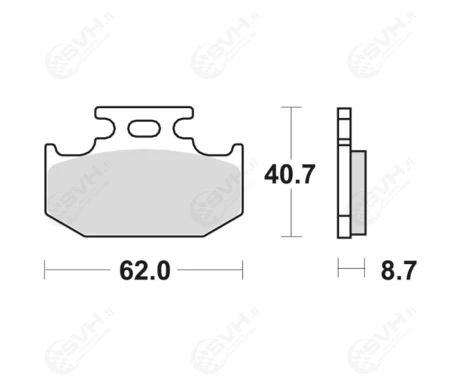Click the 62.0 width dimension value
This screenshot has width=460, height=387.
[145, 270]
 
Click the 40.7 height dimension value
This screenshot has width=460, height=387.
[289, 174]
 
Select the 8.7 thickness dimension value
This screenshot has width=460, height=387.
[398, 270]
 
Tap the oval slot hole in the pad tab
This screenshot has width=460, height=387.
[144, 128]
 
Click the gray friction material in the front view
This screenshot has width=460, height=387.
[144, 193]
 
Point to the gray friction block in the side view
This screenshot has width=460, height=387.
[359, 193]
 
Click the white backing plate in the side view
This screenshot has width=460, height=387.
[344, 173]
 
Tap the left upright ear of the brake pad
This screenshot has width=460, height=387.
[50, 149]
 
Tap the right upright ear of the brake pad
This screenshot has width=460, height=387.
[238, 149]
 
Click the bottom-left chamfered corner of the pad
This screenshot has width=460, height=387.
[65, 225]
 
